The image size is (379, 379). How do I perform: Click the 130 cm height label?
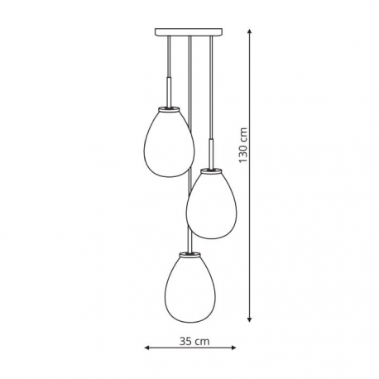point(243,145)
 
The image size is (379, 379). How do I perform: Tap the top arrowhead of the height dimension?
point(249,31)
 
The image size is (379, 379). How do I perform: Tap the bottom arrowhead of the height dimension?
point(249,319)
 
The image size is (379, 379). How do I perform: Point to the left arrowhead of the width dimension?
point(146,348)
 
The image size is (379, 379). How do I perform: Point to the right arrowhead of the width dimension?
point(233,348)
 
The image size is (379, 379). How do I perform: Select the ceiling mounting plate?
point(189,32)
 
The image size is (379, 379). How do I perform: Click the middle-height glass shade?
point(212,205)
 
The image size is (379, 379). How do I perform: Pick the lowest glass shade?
point(190,289)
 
